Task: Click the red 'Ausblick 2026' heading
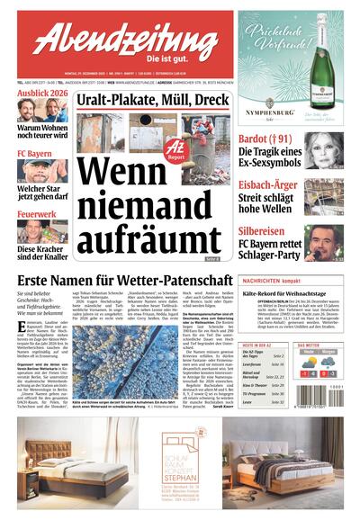coord(39,93)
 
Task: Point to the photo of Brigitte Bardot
coord(324,149)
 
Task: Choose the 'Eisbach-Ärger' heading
coord(271,185)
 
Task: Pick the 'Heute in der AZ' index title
coord(260,345)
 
